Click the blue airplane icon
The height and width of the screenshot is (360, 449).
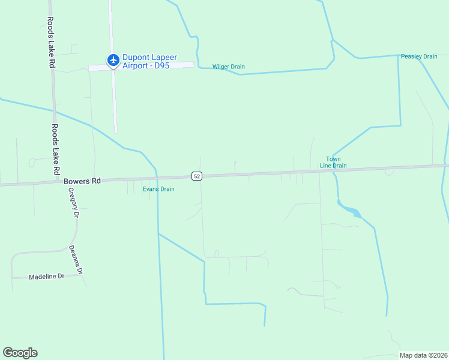click(x=112, y=59)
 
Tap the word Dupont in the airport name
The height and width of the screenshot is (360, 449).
click(x=134, y=58)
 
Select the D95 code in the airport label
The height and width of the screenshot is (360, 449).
click(x=162, y=65)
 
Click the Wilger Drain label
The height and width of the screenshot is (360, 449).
click(x=229, y=67)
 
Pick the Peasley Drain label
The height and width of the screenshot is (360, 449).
click(x=419, y=56)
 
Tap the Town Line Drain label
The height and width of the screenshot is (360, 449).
click(x=333, y=162)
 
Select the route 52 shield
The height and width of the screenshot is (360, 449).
click(x=197, y=176)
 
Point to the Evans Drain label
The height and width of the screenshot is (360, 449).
click(x=158, y=189)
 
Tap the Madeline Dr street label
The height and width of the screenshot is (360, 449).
click(x=46, y=277)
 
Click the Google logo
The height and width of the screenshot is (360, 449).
click(x=20, y=353)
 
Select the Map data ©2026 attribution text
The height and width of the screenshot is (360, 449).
click(x=423, y=355)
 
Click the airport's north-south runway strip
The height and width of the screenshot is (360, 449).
click(x=113, y=102)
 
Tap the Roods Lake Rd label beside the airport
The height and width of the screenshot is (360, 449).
click(x=51, y=41)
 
